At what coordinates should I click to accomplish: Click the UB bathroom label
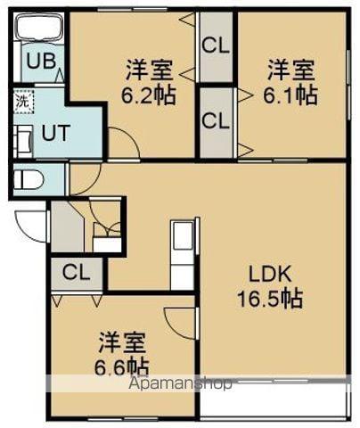pyautogui.click(x=38, y=61)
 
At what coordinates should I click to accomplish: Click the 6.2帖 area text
pyautogui.click(x=149, y=94)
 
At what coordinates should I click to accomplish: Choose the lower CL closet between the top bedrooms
pyautogui.click(x=214, y=121)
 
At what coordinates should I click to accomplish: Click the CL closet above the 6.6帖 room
pyautogui.click(x=76, y=273)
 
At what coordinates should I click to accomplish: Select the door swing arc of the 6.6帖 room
pyautogui.click(x=181, y=323)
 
